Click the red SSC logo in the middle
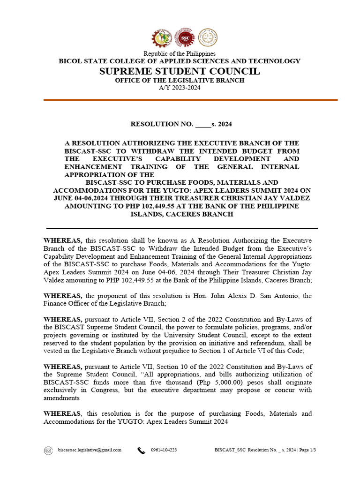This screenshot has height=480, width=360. click(184, 38)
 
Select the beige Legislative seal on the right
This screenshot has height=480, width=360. click(208, 38)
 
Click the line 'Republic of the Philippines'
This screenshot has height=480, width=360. click(180, 54)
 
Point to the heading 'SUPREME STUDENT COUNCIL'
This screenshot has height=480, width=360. click(180, 71)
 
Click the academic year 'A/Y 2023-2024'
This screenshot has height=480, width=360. click(180, 88)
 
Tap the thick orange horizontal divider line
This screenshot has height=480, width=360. click(190, 100)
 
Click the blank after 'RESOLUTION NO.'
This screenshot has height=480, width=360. click(202, 125)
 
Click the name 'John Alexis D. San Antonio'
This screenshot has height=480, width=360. click(256, 296)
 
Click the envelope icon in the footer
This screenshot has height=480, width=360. click(48, 450)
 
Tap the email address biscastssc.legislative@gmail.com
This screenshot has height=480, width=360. click(90, 450)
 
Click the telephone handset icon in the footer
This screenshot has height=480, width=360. click(141, 450)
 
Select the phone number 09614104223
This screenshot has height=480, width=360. click(164, 450)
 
